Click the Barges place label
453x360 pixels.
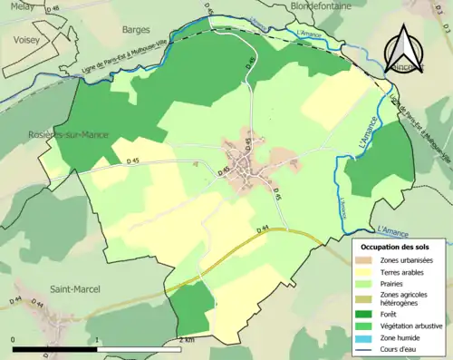tap(135, 29)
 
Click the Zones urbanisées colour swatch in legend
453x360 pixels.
tap(368, 260)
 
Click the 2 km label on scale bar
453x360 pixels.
tap(186, 339)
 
